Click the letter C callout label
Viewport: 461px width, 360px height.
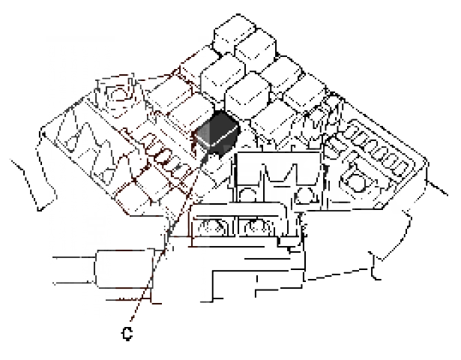pyautogui.click(x=127, y=334)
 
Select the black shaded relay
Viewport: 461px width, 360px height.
pyautogui.click(x=217, y=131)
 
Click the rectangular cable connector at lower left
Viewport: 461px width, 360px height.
pyautogui.click(x=124, y=268)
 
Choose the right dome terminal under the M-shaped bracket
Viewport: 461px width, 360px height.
pyautogui.click(x=306, y=195)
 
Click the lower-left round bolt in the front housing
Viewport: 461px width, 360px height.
pyautogui.click(x=212, y=228)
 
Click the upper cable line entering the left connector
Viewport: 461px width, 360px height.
pyautogui.click(x=74, y=257)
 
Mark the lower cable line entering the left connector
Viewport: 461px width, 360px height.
pyautogui.click(x=73, y=283)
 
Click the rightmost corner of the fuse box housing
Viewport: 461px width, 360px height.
pyautogui.click(x=427, y=160)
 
